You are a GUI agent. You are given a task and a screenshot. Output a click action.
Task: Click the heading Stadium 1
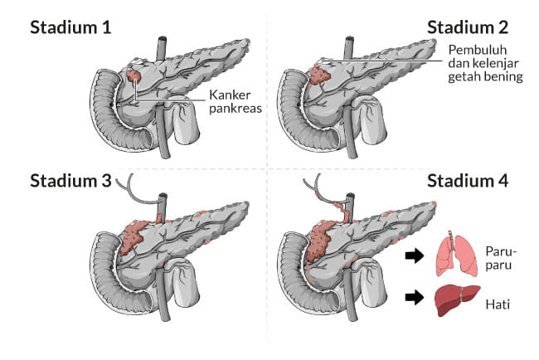70,27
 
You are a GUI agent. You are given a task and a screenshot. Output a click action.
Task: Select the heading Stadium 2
468,27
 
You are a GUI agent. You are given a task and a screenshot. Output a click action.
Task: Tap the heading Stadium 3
70,181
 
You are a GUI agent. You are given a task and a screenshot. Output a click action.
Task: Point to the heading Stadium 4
468,181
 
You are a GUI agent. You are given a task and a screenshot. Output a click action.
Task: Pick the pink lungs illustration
457,254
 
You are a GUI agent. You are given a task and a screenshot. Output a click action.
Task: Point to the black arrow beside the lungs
412,255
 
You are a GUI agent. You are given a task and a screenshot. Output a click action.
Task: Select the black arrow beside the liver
412,296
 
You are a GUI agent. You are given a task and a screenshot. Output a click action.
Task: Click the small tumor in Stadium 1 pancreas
134,75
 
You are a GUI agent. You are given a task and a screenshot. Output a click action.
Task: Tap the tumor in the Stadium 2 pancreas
319,74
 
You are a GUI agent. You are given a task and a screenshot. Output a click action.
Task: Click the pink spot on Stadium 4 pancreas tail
432,204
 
